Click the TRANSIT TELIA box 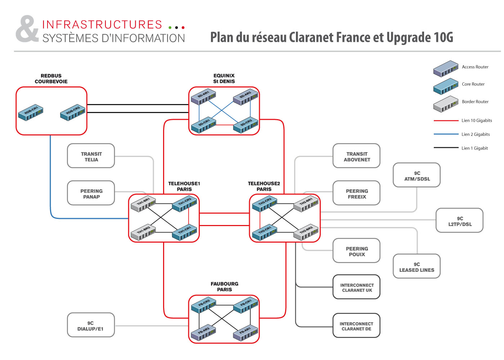click(91, 156)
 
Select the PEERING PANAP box click(91, 193)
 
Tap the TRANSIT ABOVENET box click(356, 156)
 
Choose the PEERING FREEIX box click(356, 193)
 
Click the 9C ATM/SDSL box click(417, 175)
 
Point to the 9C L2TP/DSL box click(459, 221)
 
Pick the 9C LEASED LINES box click(417, 266)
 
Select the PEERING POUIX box click(356, 251)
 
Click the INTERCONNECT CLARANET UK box click(356, 287)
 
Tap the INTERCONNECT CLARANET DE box click(356, 326)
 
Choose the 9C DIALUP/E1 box click(91, 325)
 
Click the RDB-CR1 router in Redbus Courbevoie click(31, 112)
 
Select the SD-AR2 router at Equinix click(246, 96)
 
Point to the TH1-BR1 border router click(143, 204)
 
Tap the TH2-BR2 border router click(306, 232)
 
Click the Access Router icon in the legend click(446, 68)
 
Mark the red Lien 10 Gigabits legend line click(446, 121)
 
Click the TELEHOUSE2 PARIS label click(264, 186)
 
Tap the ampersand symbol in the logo click(27, 29)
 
